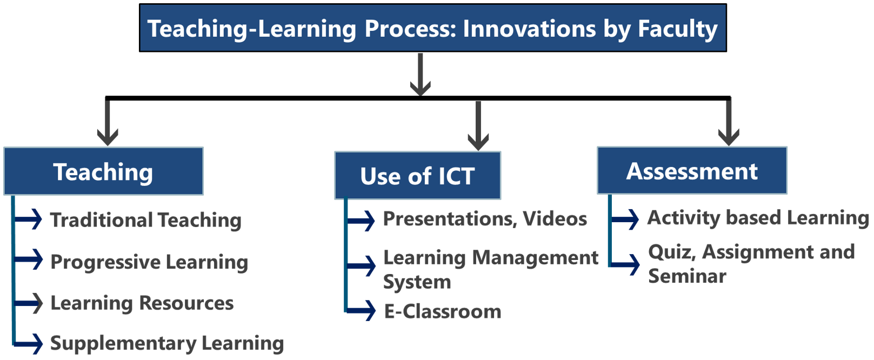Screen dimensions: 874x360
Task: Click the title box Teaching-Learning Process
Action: pos(433,28)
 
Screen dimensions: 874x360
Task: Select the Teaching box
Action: pos(103,171)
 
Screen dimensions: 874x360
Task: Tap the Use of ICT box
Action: pos(417,176)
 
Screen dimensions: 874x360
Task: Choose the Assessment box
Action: pos(692,170)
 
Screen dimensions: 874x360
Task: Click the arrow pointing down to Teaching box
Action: pos(108,122)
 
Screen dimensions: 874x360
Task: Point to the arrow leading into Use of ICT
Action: pos(478,125)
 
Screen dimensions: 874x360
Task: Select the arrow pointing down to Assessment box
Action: pos(729,122)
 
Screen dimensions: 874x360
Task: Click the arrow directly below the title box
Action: pos(420,75)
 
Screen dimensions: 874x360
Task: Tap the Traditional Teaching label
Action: pos(146,220)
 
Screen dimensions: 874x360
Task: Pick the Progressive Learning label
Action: pos(149,262)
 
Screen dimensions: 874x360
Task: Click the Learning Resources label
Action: pos(142,303)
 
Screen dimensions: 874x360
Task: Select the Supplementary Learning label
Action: pos(167,344)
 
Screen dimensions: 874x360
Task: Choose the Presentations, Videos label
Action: pos(485,219)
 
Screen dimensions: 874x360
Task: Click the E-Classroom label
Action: pos(443,312)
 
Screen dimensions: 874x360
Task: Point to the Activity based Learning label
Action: pos(758,218)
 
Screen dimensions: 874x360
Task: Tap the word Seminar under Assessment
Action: pos(687,276)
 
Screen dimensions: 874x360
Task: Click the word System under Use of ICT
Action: pos(417,282)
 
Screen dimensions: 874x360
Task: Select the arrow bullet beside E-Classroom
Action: pos(361,310)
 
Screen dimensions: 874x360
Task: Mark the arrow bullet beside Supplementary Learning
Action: pos(28,344)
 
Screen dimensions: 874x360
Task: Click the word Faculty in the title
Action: pos(678,29)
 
